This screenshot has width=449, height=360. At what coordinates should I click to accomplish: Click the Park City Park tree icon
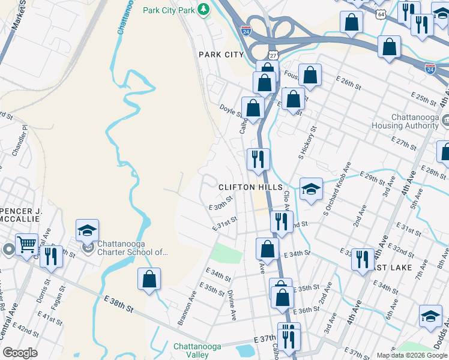203,10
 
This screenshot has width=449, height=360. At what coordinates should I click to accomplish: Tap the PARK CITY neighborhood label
221,55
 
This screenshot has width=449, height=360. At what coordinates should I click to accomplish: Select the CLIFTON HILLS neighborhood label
250,187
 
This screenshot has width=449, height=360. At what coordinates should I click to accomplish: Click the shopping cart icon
26,244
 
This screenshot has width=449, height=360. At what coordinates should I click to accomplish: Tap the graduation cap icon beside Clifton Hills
311,188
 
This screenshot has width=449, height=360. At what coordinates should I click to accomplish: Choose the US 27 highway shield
273,55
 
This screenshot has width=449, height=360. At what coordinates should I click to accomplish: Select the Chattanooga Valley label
200,350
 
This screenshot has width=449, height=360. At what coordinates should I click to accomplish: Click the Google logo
20,352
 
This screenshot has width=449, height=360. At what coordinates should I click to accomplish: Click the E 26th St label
349,83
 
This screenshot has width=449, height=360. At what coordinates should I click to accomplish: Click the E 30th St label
220,206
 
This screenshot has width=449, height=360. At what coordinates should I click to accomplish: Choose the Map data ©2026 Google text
411,355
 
